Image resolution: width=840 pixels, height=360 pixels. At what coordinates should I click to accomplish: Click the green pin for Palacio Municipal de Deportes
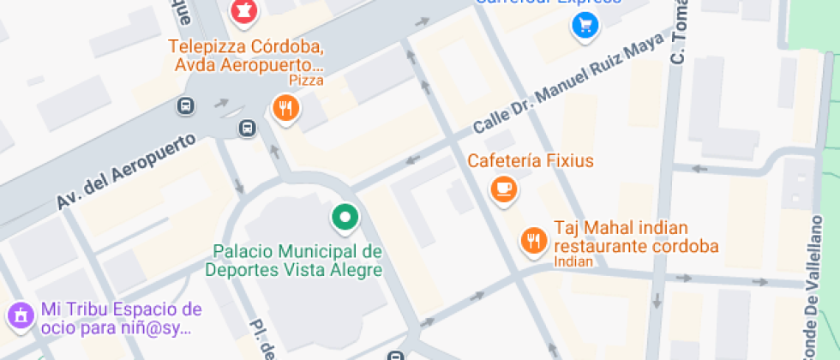pos(345,218)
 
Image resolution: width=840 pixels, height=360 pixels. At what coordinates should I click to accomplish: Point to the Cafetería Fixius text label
pos(530,160)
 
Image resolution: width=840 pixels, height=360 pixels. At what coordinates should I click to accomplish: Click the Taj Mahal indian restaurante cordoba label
pos(635,237)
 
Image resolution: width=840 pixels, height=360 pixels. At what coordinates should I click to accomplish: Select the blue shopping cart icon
pos(585,27)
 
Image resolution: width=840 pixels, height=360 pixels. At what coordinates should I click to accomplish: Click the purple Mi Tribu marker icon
pos(19,315)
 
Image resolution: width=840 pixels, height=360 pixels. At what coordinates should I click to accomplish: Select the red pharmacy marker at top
pos(243,11)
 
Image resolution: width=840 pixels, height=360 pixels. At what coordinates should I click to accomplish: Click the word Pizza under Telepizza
pos(306,81)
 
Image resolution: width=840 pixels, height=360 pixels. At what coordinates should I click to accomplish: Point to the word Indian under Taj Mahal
pos(573,261)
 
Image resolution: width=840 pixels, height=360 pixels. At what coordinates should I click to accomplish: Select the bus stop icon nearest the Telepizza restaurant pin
pos(247,129)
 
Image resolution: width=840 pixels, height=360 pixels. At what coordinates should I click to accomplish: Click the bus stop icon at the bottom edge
pos(395,356)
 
